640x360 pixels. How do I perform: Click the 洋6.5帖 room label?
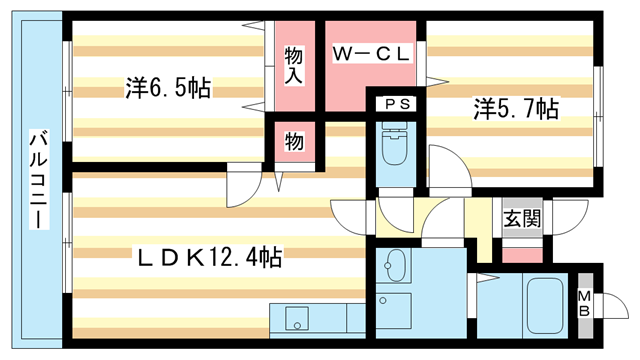click(x=167, y=88)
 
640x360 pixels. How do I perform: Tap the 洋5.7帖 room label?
click(x=515, y=108)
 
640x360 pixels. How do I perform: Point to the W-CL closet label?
click(x=371, y=55)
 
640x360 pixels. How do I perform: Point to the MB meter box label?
click(x=585, y=302)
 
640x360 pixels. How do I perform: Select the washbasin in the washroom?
click(x=395, y=267)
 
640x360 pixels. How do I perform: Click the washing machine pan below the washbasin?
click(x=396, y=306)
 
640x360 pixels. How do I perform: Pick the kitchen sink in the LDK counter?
click(x=299, y=320)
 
